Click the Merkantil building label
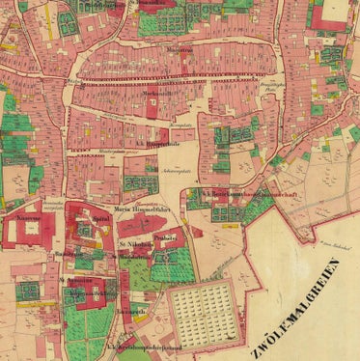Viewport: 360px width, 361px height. (x=154, y=96)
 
